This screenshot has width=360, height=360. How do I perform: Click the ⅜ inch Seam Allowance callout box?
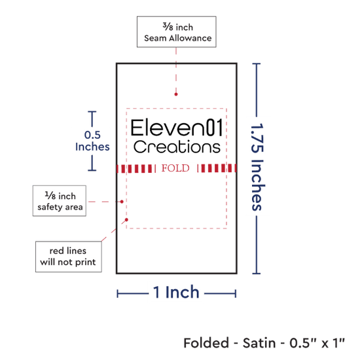coord(176,31)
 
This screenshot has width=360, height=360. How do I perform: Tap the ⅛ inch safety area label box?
coord(60,201)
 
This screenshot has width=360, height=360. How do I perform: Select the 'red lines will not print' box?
coord(69,257)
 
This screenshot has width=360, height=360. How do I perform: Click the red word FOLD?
coord(175,168)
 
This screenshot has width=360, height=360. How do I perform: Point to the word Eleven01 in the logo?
coord(177,128)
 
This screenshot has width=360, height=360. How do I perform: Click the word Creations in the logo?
coord(177,147)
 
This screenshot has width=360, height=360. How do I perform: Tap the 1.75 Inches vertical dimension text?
coord(257,167)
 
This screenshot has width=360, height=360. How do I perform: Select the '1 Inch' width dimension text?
coord(176,293)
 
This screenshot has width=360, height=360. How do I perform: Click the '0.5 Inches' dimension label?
coord(92,141)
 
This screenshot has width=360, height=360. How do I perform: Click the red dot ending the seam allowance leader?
coord(176,94)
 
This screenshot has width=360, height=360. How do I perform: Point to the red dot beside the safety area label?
coord(122,202)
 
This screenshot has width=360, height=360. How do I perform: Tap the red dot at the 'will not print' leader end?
coord(126,220)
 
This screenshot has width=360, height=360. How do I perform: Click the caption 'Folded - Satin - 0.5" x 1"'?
coord(264,343)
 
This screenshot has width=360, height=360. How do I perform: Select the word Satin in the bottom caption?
coord(259,343)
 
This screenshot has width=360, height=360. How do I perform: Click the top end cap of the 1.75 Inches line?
coord(256,63)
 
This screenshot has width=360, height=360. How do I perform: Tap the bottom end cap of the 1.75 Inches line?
coord(256,273)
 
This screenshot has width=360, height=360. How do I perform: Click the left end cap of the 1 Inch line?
coord(117,294)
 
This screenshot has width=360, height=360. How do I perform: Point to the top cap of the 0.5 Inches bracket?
coord(92,112)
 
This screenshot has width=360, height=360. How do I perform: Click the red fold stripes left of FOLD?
coord(136,168)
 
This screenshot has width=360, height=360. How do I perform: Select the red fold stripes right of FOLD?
coord(217,168)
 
